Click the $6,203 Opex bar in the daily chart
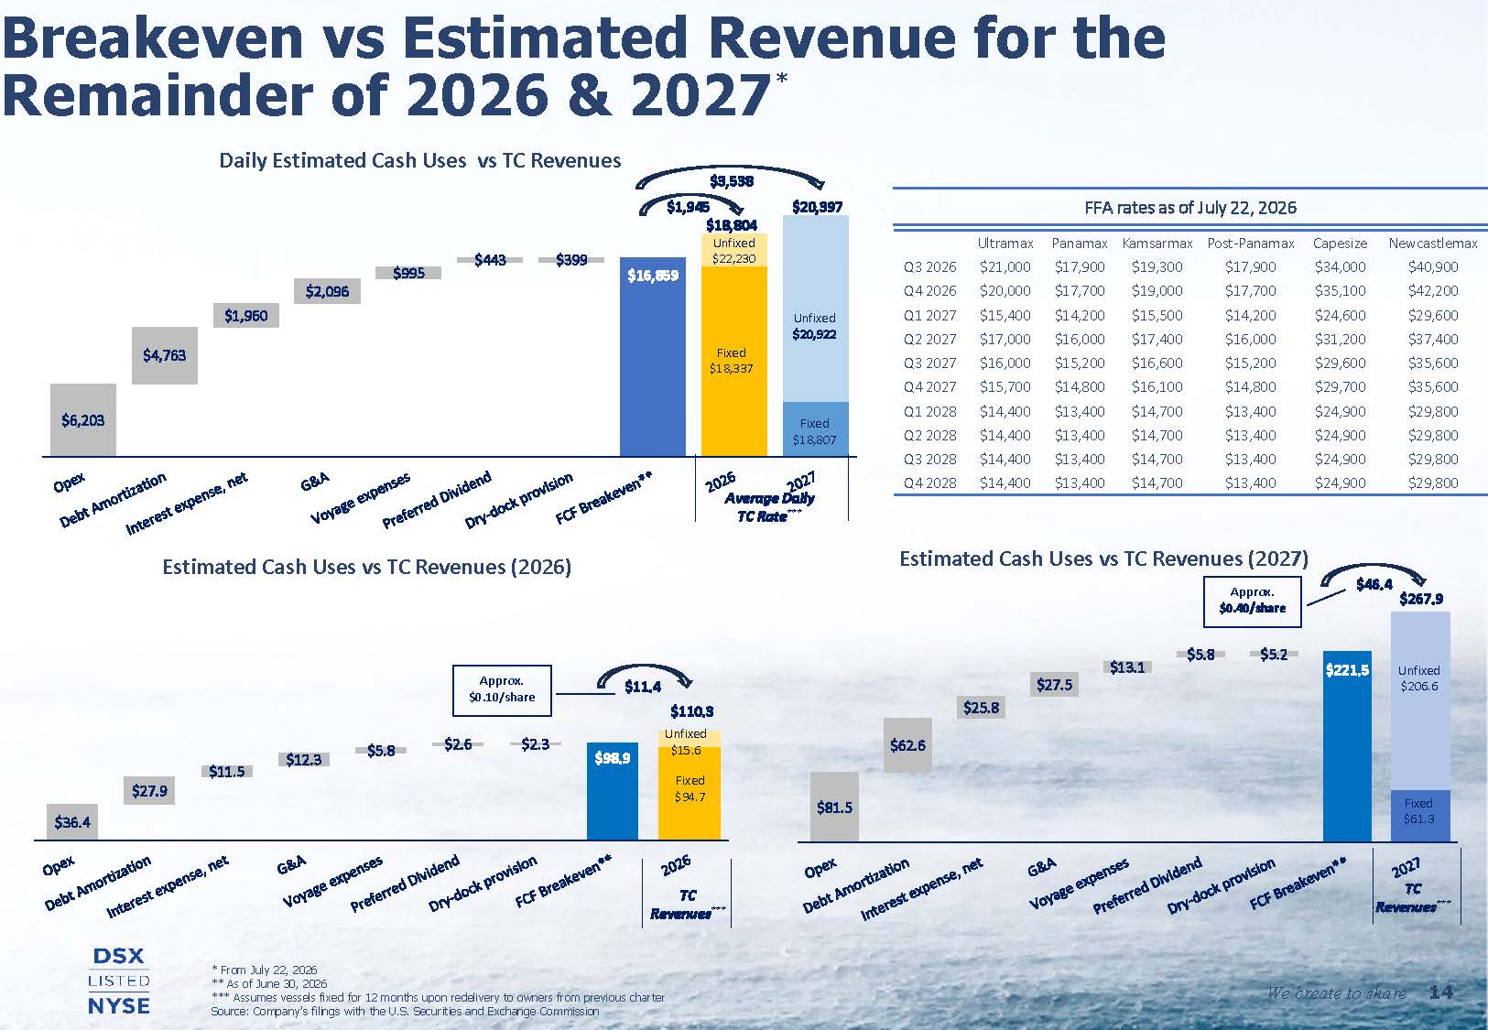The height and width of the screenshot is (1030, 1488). tap(83, 419)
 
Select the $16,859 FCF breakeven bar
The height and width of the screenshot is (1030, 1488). tap(652, 357)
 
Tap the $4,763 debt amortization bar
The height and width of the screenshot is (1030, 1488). tap(164, 355)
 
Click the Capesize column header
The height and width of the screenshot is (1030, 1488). tap(1340, 243)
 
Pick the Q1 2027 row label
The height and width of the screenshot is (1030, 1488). tap(930, 316)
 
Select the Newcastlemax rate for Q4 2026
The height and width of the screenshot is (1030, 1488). tap(1433, 291)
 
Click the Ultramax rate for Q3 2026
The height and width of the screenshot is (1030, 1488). tap(1005, 267)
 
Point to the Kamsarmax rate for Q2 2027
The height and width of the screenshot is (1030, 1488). tap(1157, 340)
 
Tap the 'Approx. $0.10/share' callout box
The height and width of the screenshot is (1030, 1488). tap(502, 690)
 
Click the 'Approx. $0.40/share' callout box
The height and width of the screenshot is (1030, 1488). tap(1252, 602)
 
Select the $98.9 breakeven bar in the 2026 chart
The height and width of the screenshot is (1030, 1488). tap(613, 791)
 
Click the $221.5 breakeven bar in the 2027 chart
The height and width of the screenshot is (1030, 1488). tap(1347, 746)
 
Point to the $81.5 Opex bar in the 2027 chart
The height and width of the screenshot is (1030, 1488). tap(834, 807)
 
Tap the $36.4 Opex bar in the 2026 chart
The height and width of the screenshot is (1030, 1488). tap(72, 822)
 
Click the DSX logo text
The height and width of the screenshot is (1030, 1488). tap(119, 956)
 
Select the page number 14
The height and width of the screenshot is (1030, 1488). tap(1440, 992)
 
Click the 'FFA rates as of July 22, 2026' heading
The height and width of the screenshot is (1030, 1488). tap(1189, 208)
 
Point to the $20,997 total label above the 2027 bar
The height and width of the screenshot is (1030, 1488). tap(817, 207)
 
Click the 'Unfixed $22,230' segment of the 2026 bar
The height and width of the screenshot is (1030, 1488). tap(734, 250)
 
